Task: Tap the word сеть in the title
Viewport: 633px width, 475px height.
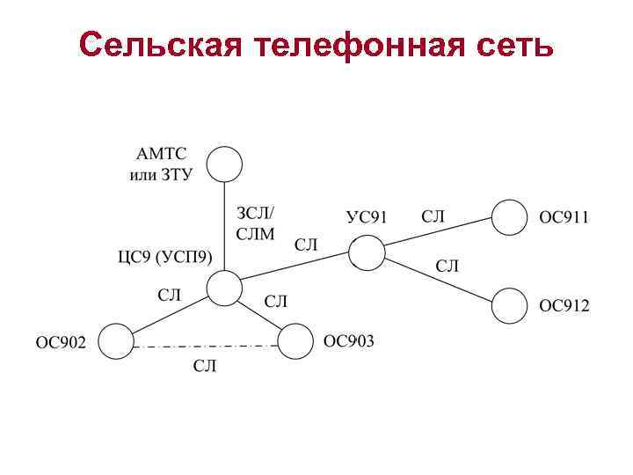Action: [515, 44]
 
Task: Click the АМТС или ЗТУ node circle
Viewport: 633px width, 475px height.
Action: [224, 164]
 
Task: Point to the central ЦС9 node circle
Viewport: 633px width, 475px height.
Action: [224, 289]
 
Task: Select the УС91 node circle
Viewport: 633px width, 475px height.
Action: [367, 253]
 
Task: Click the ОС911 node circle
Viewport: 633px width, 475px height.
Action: [510, 217]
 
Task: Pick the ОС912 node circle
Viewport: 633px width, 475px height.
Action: [510, 306]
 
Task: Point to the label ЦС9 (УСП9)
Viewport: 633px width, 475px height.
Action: [164, 258]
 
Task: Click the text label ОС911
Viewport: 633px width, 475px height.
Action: [564, 217]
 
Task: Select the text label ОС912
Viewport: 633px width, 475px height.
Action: [564, 306]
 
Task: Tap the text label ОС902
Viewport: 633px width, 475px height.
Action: [61, 342]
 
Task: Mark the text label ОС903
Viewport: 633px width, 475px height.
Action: [348, 340]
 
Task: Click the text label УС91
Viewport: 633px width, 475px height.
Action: [367, 217]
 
